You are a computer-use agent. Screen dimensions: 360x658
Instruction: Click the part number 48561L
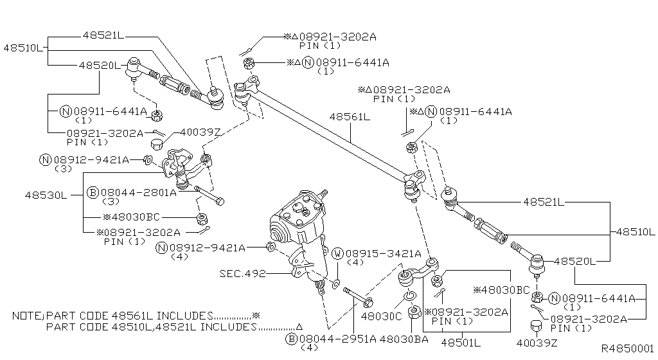(x=350, y=117)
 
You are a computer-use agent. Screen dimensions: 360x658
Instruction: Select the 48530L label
(x=46, y=194)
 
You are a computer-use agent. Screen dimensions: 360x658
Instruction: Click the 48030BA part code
(x=404, y=338)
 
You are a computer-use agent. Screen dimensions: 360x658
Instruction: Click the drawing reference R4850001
(x=627, y=348)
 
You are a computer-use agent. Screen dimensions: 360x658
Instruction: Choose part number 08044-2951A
(x=338, y=338)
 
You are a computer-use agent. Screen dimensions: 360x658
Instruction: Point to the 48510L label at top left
(x=24, y=48)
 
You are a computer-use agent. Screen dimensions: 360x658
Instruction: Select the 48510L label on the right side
(x=635, y=231)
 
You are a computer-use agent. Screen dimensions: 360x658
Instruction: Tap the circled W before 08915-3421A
(x=337, y=253)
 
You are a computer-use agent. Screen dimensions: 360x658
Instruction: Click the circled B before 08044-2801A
(x=92, y=192)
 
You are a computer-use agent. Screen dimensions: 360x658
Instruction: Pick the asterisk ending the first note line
(x=256, y=316)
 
